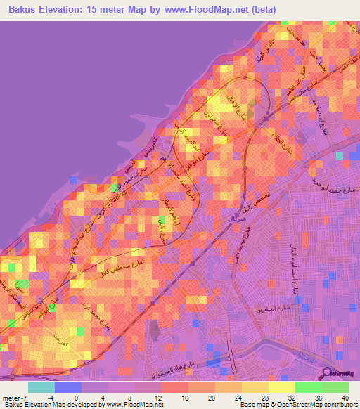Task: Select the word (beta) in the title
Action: tap(264, 10)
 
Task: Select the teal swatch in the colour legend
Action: tap(41, 387)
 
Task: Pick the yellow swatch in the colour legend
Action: tap(281, 387)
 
